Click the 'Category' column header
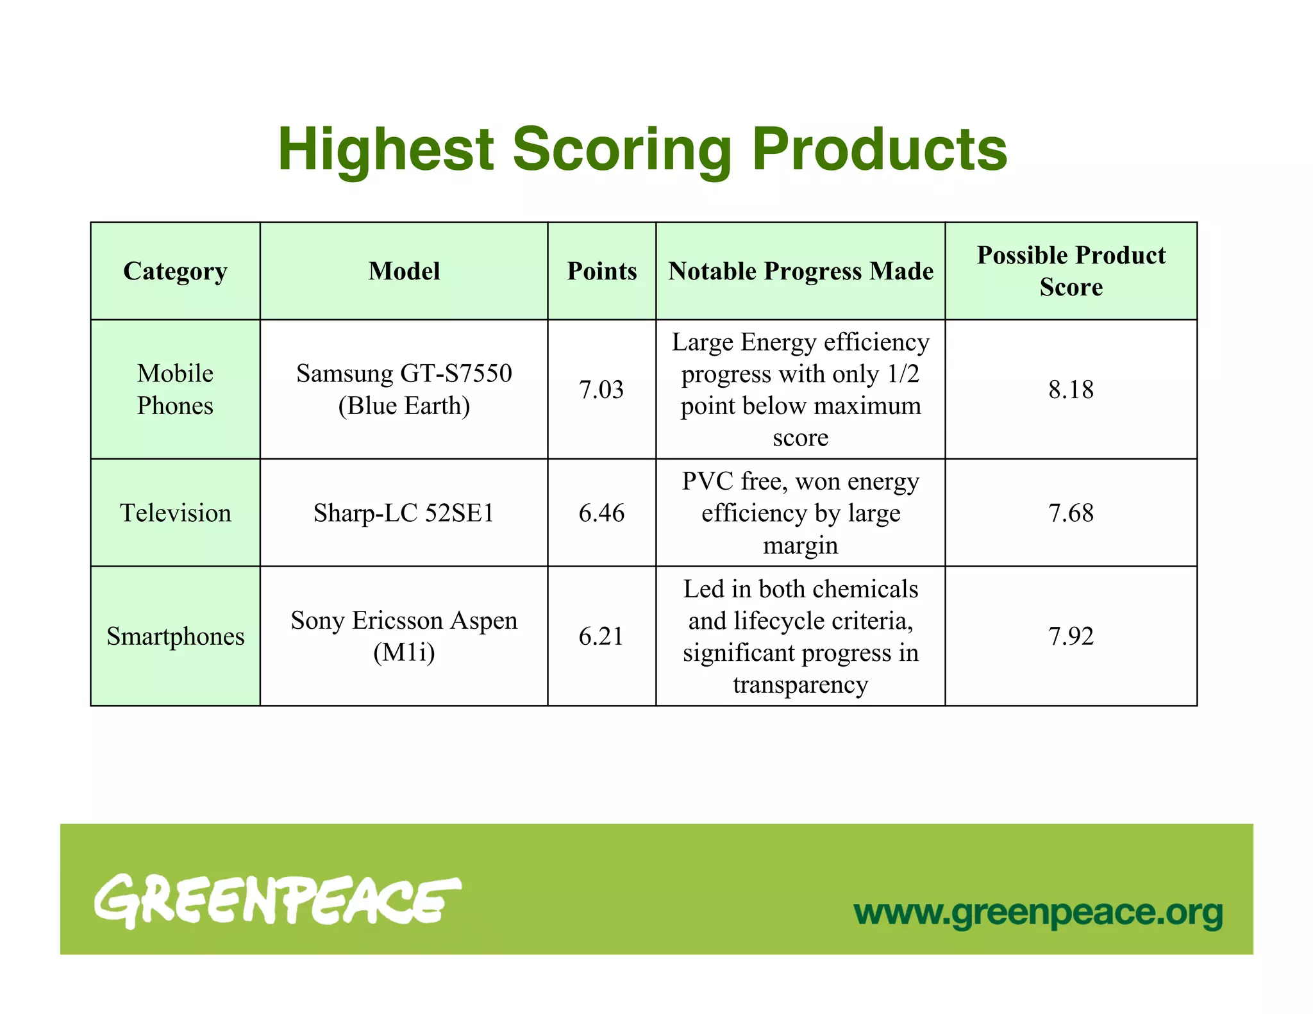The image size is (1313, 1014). click(175, 271)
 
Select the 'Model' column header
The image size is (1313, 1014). click(404, 271)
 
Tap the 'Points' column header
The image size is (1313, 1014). click(601, 271)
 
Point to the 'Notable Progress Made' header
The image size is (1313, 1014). click(800, 271)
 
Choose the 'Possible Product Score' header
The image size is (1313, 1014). click(1071, 271)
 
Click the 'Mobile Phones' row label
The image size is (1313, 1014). click(175, 389)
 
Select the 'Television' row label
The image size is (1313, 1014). click(175, 513)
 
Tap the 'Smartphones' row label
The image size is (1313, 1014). click(175, 636)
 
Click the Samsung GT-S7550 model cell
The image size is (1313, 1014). click(404, 389)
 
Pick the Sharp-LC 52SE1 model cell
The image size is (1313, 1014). click(404, 513)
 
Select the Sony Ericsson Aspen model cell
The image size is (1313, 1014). click(404, 636)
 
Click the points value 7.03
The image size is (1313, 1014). click(601, 390)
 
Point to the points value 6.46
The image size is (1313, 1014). click(601, 513)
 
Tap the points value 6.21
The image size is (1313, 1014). click(601, 636)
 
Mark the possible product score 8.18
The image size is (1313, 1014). click(1071, 390)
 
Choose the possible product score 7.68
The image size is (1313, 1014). click(1071, 513)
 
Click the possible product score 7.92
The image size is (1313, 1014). click(1071, 636)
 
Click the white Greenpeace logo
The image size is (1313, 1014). click(277, 901)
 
